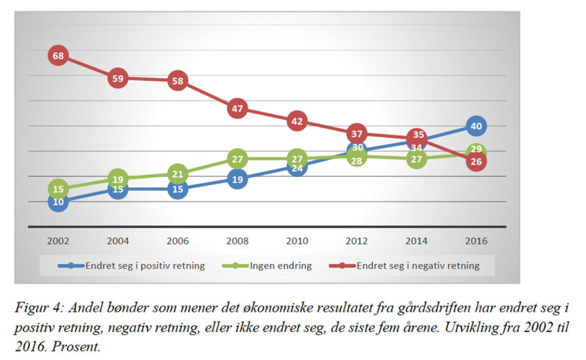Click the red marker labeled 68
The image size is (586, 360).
[x=58, y=56]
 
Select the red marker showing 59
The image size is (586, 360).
[x=118, y=78]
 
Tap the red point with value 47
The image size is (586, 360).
[x=237, y=109]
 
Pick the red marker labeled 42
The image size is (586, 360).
[x=297, y=121]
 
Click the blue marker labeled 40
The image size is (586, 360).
[x=476, y=126]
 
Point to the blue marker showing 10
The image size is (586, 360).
[x=58, y=201]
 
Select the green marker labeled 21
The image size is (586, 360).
[x=177, y=174]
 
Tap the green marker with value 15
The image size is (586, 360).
[x=58, y=189]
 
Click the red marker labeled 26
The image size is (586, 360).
[x=476, y=162]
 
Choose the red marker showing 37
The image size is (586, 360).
[x=356, y=134]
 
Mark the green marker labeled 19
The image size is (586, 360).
[x=118, y=179]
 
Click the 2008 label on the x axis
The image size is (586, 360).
[x=237, y=241]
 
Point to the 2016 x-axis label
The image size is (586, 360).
[x=476, y=241]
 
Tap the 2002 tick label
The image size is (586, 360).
[x=58, y=241]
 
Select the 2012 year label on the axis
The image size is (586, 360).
[x=356, y=241]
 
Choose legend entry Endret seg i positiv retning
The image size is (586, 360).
[x=143, y=265]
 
